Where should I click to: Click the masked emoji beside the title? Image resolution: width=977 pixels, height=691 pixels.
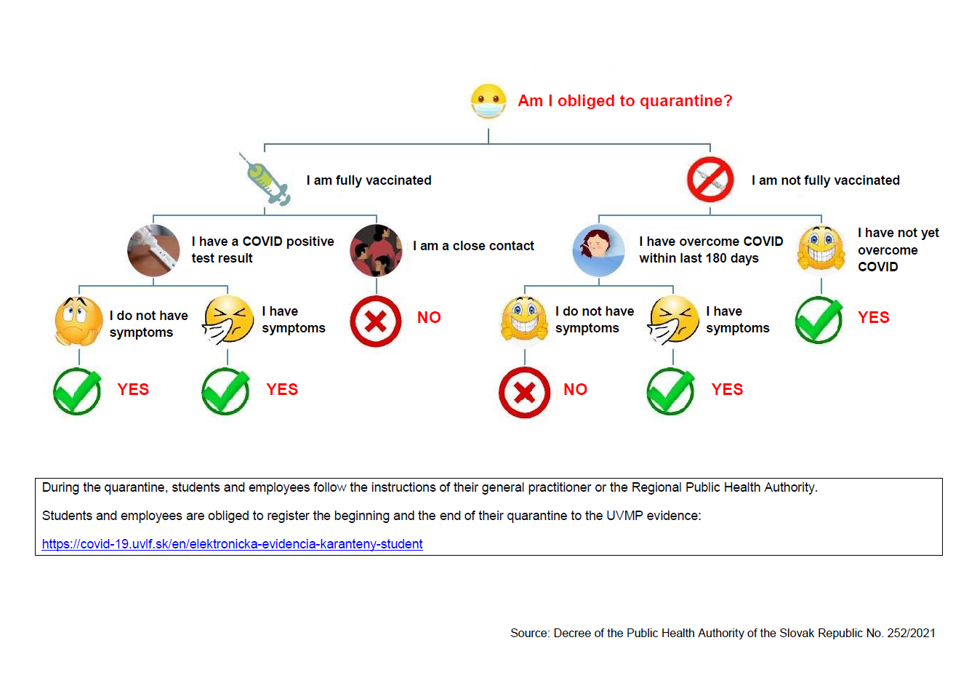488,101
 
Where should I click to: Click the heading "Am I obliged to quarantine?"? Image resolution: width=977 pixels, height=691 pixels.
624,101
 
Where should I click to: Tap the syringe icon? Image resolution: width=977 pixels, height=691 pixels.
265,179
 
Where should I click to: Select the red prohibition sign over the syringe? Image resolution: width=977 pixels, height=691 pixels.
710,180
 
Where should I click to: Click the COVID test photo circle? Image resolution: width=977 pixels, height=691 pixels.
153,250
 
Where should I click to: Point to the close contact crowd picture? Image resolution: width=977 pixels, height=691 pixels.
376,250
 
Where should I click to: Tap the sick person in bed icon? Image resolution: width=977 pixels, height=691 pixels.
598,250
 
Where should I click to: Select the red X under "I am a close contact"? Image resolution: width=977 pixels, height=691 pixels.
376,321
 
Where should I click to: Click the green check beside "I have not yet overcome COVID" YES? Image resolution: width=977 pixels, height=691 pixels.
819,320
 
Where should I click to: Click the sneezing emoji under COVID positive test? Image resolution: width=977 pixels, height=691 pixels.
228,320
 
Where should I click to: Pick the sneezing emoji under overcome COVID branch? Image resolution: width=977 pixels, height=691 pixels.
673,320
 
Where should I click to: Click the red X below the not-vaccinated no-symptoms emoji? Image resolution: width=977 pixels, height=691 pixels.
524,393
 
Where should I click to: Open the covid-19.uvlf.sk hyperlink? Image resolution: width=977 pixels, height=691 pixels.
232,544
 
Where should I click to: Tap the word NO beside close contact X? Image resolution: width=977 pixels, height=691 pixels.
429,318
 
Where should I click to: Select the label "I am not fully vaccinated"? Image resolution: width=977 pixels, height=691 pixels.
825,180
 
